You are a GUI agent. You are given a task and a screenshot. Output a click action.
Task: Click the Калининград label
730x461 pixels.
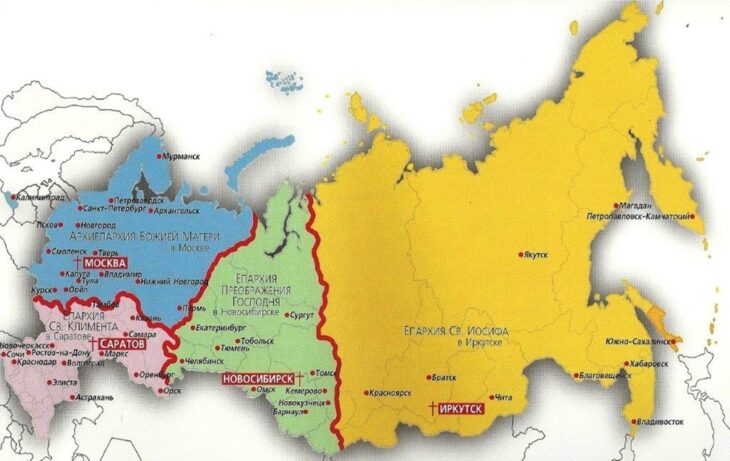pyautogui.click(x=42, y=197)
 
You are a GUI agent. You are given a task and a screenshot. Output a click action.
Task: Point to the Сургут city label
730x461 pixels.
pyautogui.click(x=300, y=314)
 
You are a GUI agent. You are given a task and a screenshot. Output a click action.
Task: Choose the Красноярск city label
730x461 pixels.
pyautogui.click(x=392, y=394)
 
